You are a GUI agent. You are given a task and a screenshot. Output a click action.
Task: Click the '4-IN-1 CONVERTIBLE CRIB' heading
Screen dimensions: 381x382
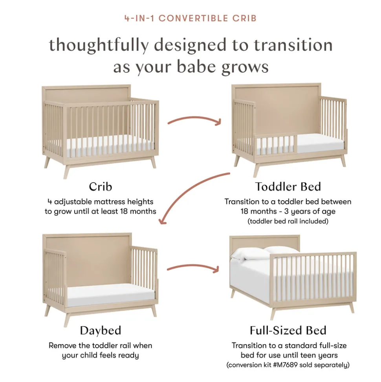[190, 18]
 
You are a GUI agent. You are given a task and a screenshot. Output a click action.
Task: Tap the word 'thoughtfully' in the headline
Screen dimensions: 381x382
[99, 45]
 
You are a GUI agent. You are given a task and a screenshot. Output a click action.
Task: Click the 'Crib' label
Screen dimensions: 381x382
[101, 187]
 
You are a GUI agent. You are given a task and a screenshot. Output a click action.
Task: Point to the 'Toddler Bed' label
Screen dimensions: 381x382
[288, 186]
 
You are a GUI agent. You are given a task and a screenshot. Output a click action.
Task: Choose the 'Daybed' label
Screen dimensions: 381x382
[101, 330]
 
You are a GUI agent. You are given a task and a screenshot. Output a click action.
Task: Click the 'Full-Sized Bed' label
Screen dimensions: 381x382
[288, 330]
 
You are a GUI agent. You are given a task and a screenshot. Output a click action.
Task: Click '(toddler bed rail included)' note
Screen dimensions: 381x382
[288, 221]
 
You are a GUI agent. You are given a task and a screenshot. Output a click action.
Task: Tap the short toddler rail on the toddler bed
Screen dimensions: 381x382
[276, 145]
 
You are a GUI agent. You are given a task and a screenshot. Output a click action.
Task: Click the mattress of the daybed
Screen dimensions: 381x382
[111, 295]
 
